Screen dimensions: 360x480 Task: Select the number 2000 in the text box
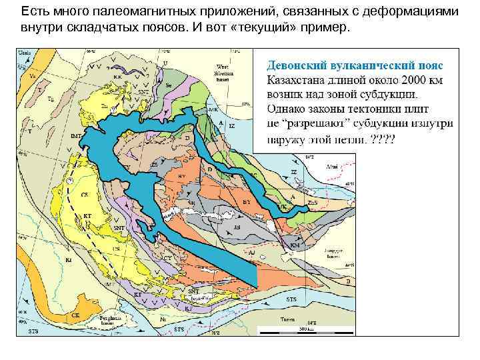pos(409,80)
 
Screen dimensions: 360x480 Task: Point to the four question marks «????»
pos(383,140)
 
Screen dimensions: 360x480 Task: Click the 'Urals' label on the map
pos(24,53)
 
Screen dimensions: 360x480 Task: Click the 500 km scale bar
pos(307,331)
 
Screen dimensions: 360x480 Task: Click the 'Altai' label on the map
pos(330,167)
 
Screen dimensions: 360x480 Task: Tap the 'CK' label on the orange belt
pos(76,315)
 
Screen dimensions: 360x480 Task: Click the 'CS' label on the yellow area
pos(84,195)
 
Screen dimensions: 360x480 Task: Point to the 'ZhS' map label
pos(311,201)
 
